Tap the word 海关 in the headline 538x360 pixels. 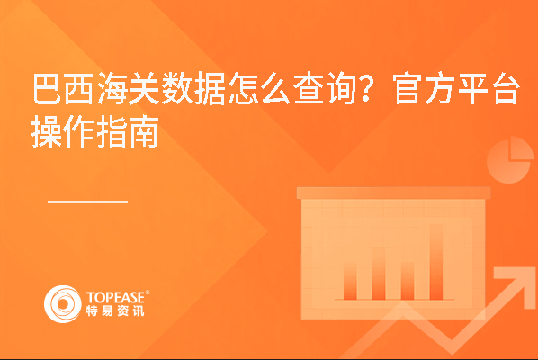129,88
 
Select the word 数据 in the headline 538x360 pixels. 193,88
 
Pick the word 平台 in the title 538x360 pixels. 489,88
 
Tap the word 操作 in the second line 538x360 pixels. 62,131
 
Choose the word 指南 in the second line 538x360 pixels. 128,131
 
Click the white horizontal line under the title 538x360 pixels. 87,202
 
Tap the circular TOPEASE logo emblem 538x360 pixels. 62,303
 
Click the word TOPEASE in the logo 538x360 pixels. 116,297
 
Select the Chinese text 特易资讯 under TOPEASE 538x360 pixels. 115,310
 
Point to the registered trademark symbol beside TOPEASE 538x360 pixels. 148,292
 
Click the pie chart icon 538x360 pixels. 509,160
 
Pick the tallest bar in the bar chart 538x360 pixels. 436,262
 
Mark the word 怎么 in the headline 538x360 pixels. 259,88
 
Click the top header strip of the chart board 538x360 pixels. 393,193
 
